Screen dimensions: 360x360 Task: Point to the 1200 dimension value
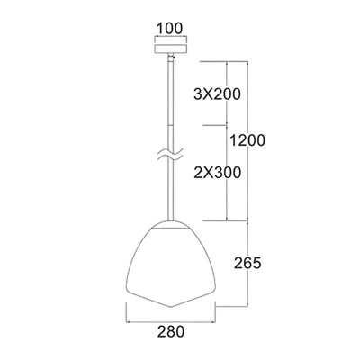coord(247,140)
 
